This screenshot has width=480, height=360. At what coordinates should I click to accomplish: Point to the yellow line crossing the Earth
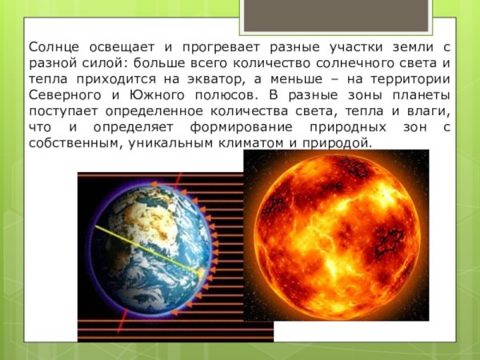(144, 248)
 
